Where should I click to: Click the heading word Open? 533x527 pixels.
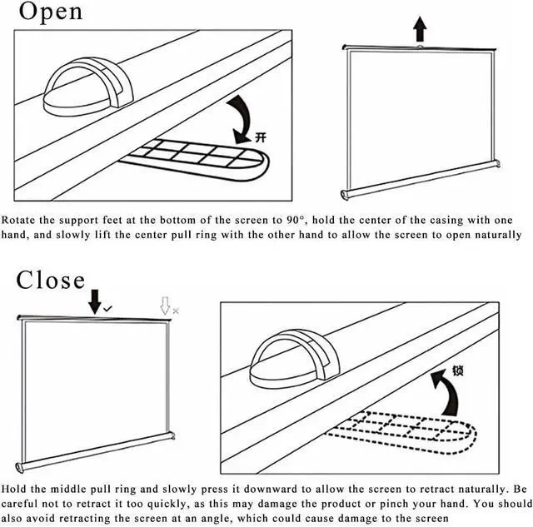[51, 12]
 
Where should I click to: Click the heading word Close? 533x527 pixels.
[51, 280]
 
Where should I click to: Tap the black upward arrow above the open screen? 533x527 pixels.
[420, 31]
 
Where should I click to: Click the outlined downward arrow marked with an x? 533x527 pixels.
[166, 306]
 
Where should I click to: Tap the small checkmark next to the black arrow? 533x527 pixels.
[108, 309]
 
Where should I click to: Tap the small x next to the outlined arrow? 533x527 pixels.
[175, 310]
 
